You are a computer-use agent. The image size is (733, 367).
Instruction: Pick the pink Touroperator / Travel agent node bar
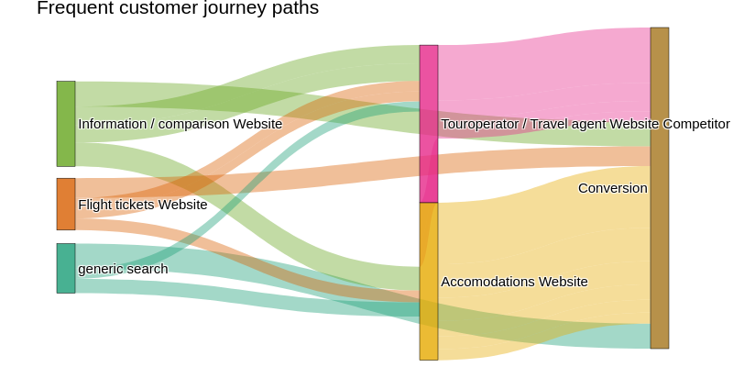click(428, 92)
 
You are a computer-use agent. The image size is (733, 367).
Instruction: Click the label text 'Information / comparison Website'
click(180, 124)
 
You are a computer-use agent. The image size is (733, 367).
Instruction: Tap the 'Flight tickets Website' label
click(142, 205)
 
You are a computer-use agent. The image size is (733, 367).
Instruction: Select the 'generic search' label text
click(123, 269)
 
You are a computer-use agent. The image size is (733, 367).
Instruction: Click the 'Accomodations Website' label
click(514, 282)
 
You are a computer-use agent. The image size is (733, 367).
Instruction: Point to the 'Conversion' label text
click(612, 188)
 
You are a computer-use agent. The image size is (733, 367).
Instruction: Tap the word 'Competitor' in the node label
click(696, 124)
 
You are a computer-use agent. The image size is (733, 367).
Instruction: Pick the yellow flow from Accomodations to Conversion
click(550, 257)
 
